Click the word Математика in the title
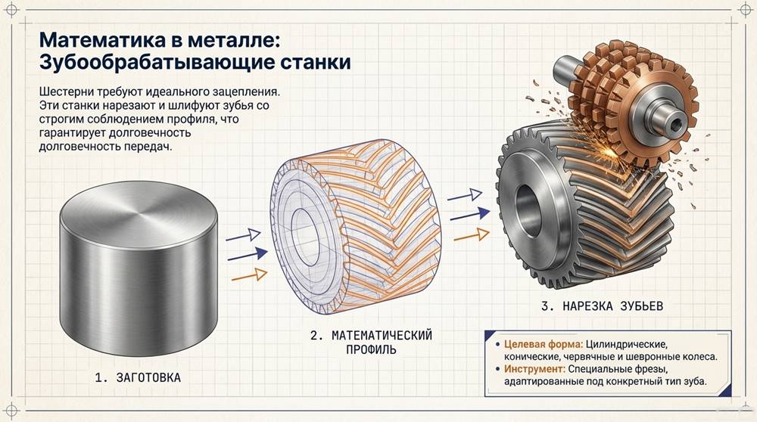(x=95, y=39)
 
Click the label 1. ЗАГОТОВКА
(x=138, y=376)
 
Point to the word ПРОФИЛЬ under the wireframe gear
(x=370, y=351)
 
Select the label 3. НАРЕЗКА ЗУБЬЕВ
(x=603, y=307)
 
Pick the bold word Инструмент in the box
(x=537, y=369)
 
